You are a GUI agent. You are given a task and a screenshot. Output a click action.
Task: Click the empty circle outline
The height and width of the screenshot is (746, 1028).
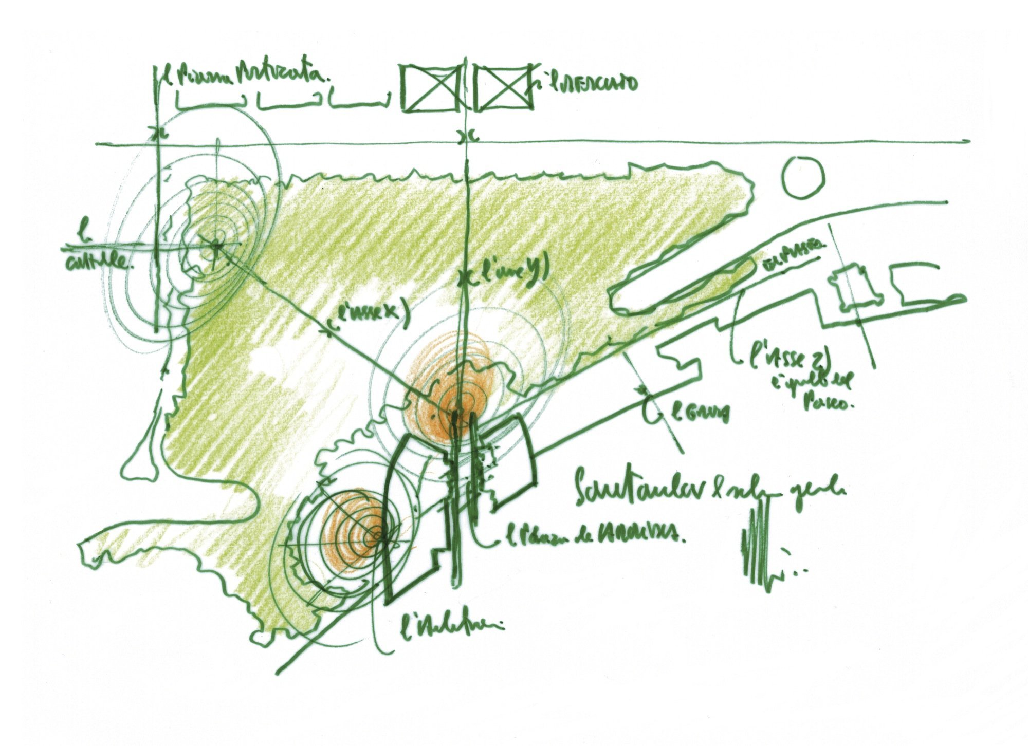coord(802,177)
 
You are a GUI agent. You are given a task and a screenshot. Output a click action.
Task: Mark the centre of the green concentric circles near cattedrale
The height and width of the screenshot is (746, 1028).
coord(216,246)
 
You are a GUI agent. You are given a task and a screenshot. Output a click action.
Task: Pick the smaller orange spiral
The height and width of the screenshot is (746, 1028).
coord(360,532)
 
